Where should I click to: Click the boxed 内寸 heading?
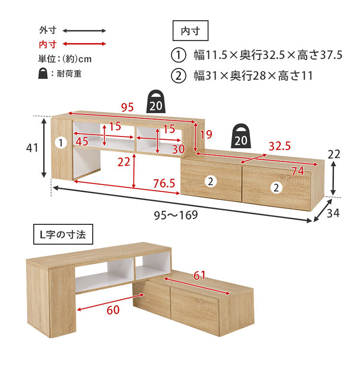[191, 31]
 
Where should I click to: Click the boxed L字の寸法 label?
[63, 234]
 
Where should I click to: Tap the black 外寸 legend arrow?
[84, 31]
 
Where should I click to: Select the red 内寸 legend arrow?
[84, 44]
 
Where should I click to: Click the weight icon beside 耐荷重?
[43, 74]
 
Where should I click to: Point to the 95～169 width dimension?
[176, 215]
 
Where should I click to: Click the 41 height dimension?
[32, 148]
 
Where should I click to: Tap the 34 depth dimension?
[333, 213]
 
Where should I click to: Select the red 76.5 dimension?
[164, 184]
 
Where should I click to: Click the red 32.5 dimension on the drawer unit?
[280, 146]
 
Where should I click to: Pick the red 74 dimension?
[298, 171]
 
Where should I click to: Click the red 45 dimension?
[82, 141]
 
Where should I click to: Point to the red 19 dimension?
[206, 135]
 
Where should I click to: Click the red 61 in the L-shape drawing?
[200, 275]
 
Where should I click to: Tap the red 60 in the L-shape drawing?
[113, 310]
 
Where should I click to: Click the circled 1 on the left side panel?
[61, 143]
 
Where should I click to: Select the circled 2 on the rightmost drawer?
[276, 188]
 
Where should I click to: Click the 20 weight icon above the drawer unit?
[240, 136]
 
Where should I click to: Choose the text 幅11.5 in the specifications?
[210, 55]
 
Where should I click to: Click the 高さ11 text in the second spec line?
[296, 76]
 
